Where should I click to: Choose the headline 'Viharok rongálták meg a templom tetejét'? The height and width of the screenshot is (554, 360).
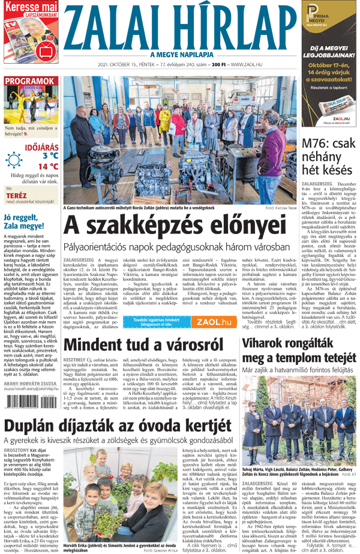click(x=300, y=352)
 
